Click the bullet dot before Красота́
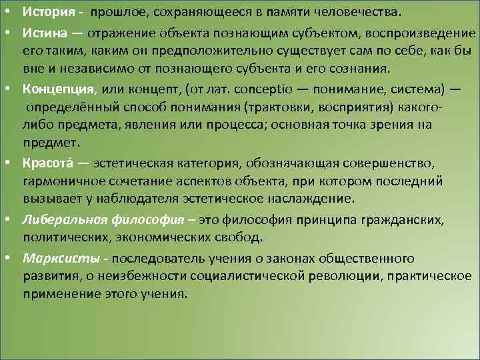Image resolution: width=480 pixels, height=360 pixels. tap(13, 163)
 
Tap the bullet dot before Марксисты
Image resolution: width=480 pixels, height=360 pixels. tap(13, 257)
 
